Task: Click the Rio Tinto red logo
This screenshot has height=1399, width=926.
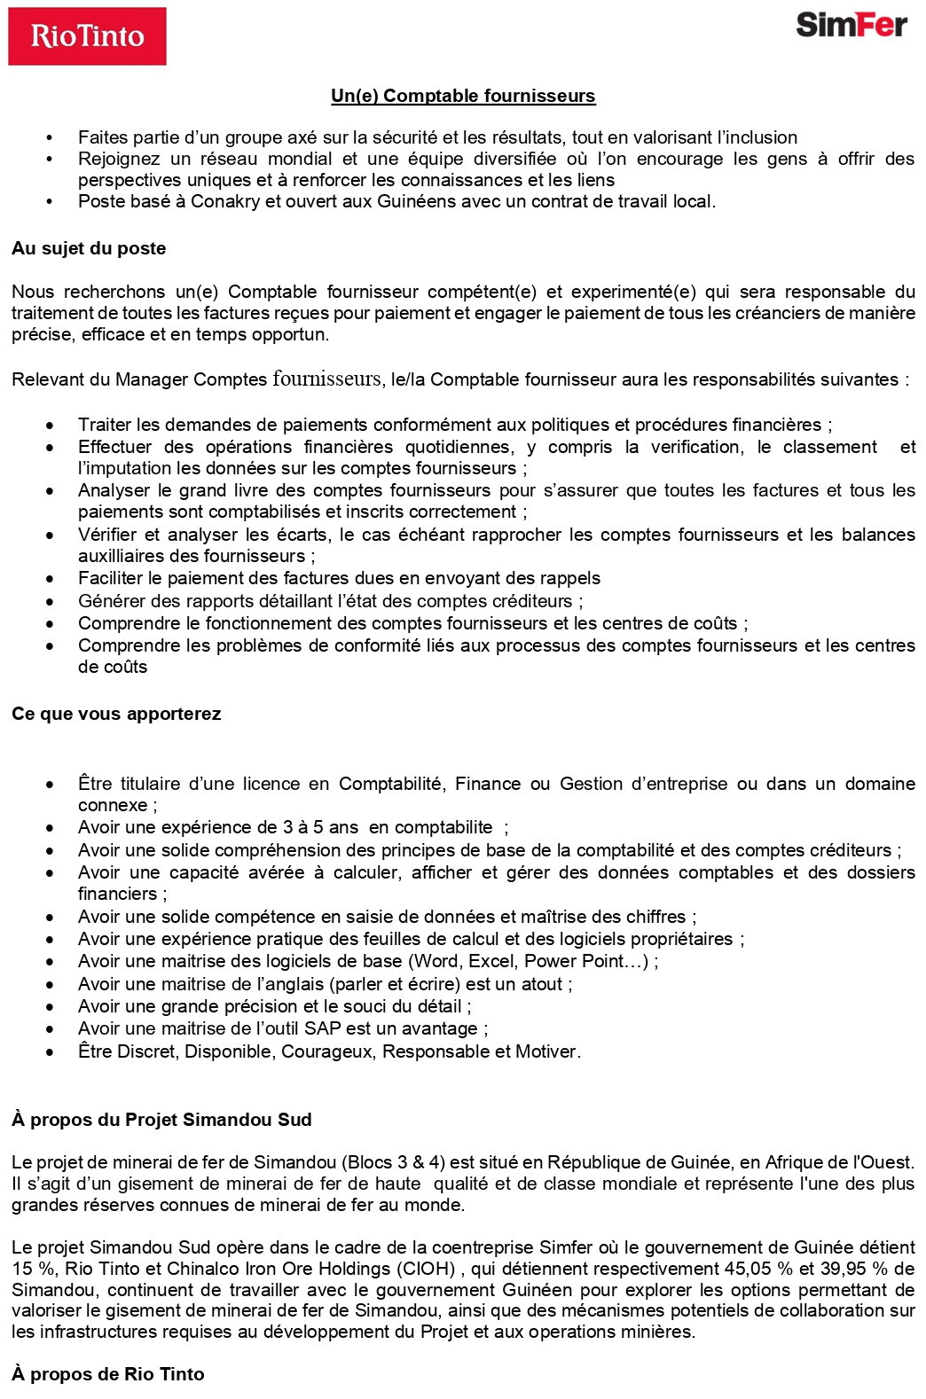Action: click(x=87, y=36)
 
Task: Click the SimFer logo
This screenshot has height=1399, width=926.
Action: click(x=851, y=25)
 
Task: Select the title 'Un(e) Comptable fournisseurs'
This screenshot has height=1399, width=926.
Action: click(x=463, y=96)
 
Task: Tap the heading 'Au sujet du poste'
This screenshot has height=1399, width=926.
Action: click(x=89, y=248)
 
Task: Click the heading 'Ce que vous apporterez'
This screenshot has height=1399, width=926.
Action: click(x=116, y=714)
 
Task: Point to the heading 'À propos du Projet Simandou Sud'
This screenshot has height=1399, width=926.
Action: click(x=161, y=1120)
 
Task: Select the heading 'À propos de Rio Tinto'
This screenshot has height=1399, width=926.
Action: click(x=108, y=1374)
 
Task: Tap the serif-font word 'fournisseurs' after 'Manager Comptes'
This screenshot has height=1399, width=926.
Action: click(x=326, y=379)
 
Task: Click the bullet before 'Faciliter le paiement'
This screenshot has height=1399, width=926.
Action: click(x=51, y=579)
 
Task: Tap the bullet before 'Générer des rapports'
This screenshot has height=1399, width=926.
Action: click(x=51, y=601)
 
